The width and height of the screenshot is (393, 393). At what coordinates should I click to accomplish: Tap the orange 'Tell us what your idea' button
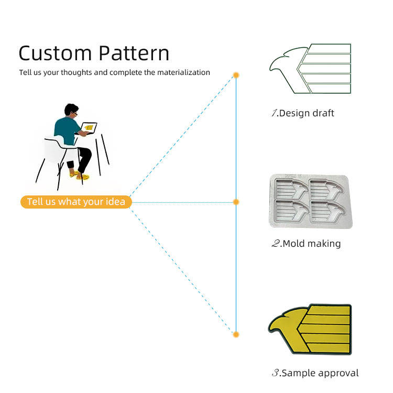[76, 202]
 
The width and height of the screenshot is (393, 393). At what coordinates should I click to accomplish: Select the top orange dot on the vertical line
[236, 75]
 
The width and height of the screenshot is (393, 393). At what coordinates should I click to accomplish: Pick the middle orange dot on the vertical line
[236, 202]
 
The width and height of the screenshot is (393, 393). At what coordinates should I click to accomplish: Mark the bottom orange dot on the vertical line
[236, 334]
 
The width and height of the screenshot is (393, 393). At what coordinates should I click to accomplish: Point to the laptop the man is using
[88, 127]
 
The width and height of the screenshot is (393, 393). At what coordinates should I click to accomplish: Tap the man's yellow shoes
[80, 175]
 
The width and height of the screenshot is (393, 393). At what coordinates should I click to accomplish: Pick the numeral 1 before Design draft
[274, 113]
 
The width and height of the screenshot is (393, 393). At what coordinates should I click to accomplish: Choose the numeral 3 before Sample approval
[275, 373]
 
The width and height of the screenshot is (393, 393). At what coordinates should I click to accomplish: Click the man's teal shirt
[66, 130]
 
